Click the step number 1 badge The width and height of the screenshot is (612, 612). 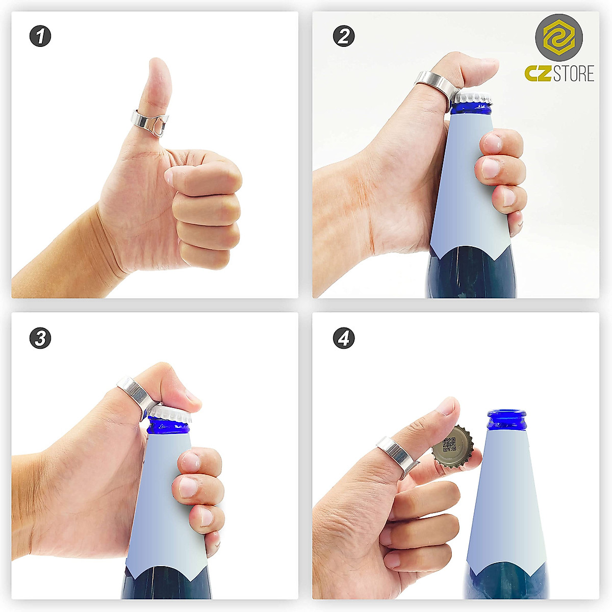tap(40, 36)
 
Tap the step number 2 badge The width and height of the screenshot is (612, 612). tap(344, 36)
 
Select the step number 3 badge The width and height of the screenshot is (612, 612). tap(40, 338)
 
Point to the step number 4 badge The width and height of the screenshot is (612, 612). tap(344, 338)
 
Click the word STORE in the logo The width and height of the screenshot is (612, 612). tap(574, 74)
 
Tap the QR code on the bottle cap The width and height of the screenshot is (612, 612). tap(449, 445)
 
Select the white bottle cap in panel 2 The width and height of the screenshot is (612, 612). tap(472, 97)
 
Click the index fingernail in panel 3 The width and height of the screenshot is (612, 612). tap(190, 462)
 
